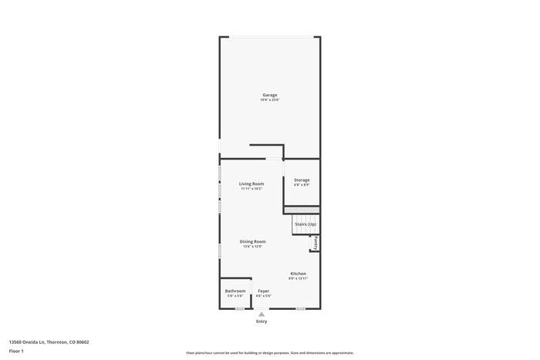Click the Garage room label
269,95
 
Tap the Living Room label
251,183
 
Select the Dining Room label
252,241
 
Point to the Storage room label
302,180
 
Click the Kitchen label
298,274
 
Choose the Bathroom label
235,291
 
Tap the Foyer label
264,291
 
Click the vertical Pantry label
316,244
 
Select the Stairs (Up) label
305,224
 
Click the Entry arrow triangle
262,315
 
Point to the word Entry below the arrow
262,321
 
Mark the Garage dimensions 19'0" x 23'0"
269,100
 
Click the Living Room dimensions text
251,189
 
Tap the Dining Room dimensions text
252,247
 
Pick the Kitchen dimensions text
298,279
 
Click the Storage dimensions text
302,185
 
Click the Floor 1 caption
16,351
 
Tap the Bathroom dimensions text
235,296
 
